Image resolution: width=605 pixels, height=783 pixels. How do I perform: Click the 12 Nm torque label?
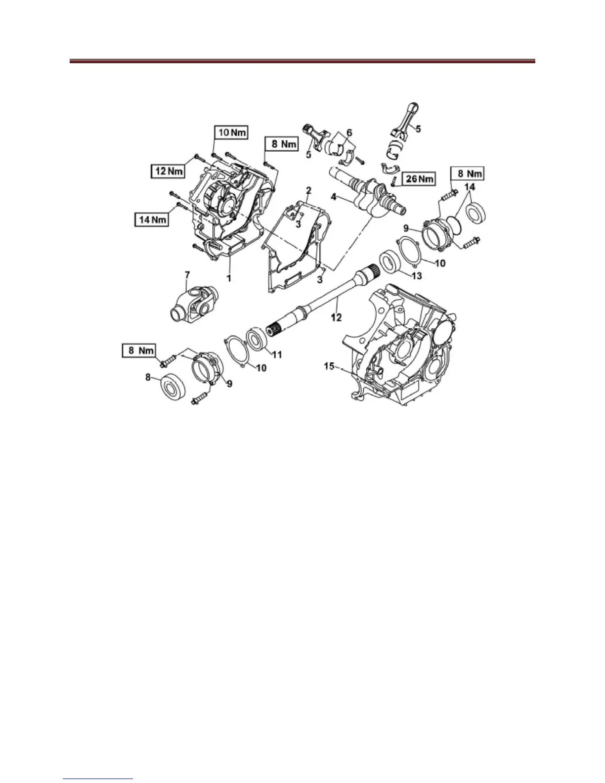point(168,171)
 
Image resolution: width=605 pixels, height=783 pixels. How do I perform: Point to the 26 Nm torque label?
point(418,178)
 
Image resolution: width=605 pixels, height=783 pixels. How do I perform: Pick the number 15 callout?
point(329,366)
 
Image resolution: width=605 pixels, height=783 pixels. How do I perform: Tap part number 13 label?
point(417,276)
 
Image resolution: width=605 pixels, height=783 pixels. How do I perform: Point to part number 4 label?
point(335,197)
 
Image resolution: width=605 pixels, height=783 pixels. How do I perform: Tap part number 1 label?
point(229,278)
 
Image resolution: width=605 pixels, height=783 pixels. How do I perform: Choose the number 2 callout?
point(308,190)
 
